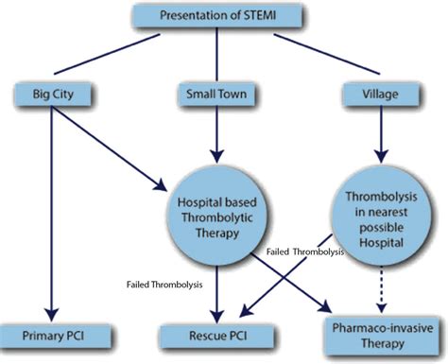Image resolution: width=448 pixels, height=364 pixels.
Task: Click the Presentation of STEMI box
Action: pos(220,15)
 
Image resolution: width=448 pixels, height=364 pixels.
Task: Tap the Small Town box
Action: pos(220,94)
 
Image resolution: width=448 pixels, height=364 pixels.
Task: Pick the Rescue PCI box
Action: pos(221,336)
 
